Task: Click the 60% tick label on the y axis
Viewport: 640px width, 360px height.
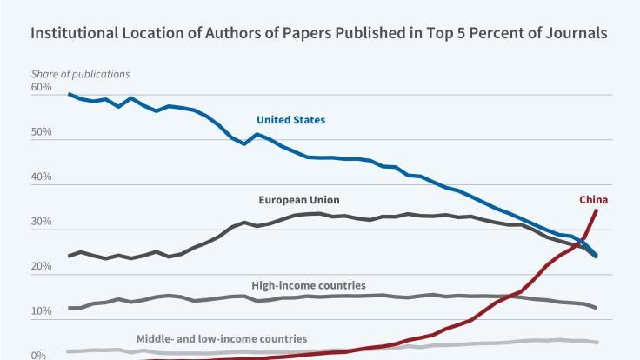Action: [x=42, y=89]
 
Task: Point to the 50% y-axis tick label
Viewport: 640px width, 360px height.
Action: [x=42, y=134]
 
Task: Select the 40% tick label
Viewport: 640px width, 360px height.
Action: [x=42, y=179]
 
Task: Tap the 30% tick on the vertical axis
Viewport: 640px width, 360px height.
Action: [x=42, y=223]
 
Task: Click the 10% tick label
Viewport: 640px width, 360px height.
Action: [x=42, y=314]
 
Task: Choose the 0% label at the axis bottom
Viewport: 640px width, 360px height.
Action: [x=39, y=355]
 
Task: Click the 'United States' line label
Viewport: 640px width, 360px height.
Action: [x=290, y=119]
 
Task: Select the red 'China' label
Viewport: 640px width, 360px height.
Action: [x=593, y=199]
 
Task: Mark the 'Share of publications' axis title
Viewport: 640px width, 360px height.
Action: [x=81, y=73]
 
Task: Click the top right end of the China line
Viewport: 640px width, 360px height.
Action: [x=597, y=210]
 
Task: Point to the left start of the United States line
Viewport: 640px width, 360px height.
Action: [x=70, y=94]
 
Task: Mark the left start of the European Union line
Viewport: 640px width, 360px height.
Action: [x=70, y=256]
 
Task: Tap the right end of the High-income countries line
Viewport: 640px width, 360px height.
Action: [x=597, y=308]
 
